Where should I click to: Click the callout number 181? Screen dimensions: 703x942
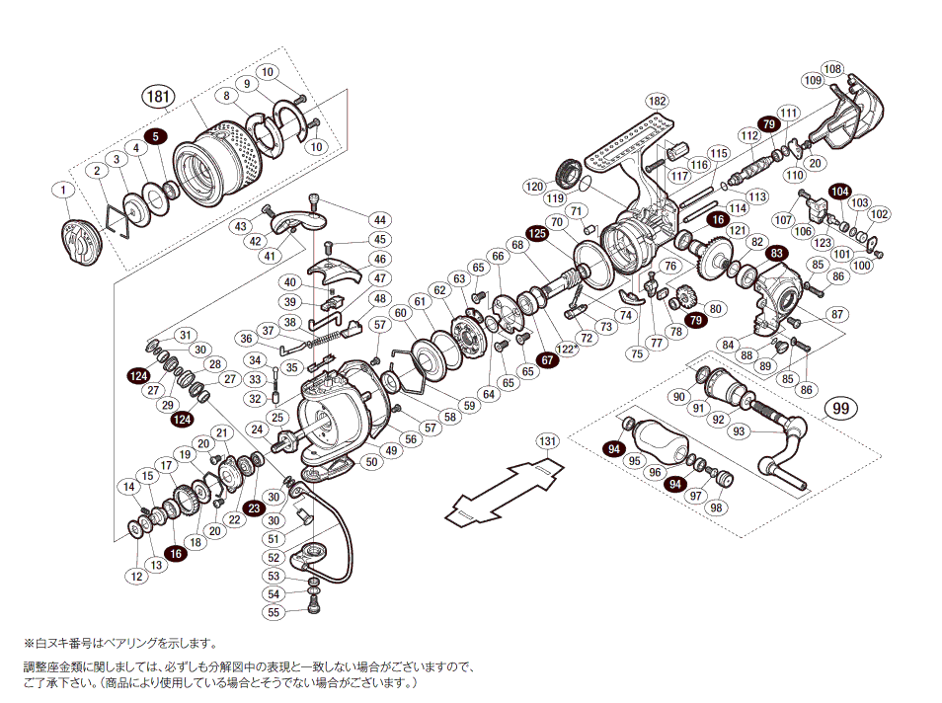click(x=158, y=98)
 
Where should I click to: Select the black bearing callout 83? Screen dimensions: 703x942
click(x=778, y=254)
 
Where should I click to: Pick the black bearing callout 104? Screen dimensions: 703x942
click(x=839, y=191)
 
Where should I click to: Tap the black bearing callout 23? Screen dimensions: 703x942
click(x=253, y=508)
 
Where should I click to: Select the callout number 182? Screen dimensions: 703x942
click(x=657, y=102)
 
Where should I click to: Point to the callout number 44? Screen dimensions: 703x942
click(x=379, y=219)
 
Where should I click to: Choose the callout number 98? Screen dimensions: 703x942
click(x=716, y=508)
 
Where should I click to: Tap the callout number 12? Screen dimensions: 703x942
click(x=136, y=576)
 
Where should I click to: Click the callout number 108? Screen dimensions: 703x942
click(x=832, y=69)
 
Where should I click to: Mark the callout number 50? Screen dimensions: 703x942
click(x=370, y=461)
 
